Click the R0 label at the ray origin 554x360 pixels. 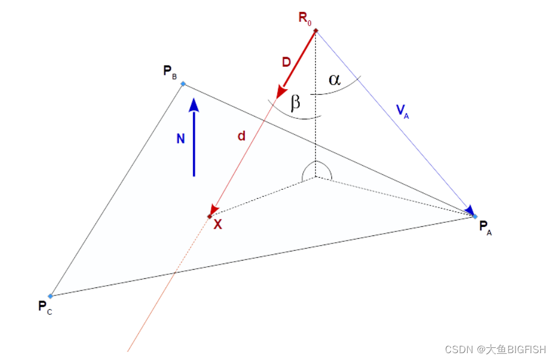click(305, 18)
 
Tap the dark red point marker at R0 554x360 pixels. click(315, 30)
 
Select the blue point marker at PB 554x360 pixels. click(183, 84)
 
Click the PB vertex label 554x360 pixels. click(170, 72)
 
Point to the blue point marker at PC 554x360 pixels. click(50, 296)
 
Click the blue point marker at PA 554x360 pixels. click(475, 217)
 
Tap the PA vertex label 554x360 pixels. click(485, 228)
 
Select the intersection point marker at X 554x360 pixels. click(210, 216)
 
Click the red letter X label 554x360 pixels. click(218, 225)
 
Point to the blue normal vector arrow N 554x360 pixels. click(194, 137)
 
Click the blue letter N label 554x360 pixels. click(180, 138)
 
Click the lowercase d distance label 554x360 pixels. click(242, 136)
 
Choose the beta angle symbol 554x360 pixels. click(295, 103)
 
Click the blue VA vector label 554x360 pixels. click(403, 111)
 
